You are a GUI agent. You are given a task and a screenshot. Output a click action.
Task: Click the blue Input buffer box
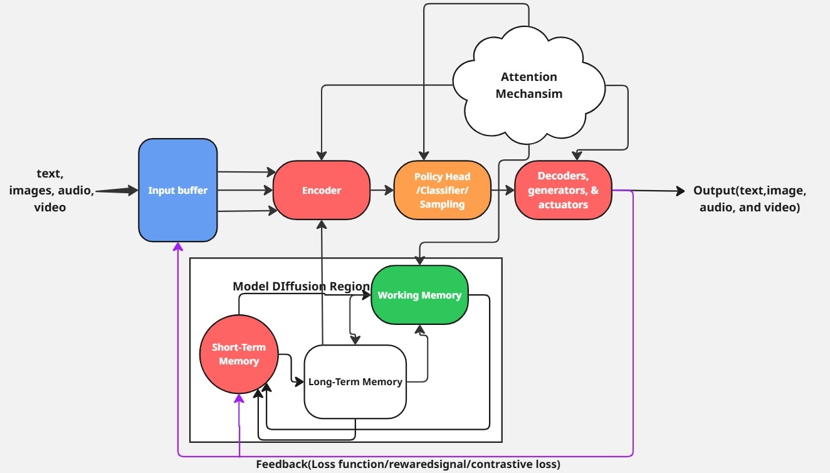177,190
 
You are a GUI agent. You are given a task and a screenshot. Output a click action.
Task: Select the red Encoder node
321,190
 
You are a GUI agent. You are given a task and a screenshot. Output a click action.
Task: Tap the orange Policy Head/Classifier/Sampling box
442,190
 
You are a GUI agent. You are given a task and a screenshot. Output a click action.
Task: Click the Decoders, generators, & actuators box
562,190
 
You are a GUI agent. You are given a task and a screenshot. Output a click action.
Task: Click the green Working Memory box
419,295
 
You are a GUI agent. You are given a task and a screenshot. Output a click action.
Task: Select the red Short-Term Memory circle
239,354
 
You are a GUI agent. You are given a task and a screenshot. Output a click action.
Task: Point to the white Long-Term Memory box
355,381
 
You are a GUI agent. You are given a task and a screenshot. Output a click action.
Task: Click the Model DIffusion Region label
302,286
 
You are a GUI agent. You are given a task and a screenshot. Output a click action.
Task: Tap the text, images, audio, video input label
50,190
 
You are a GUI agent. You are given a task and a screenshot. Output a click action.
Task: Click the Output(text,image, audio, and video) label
749,199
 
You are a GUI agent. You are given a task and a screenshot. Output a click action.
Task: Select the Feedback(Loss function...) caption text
407,464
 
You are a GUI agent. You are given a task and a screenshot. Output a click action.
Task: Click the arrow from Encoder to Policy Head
381,190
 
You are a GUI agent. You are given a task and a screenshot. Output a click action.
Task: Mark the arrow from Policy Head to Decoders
502,190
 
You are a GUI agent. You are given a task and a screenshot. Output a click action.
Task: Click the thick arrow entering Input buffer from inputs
117,190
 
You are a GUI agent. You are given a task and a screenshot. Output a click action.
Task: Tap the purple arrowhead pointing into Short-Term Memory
239,400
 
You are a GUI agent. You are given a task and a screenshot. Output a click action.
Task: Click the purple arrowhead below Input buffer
178,247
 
